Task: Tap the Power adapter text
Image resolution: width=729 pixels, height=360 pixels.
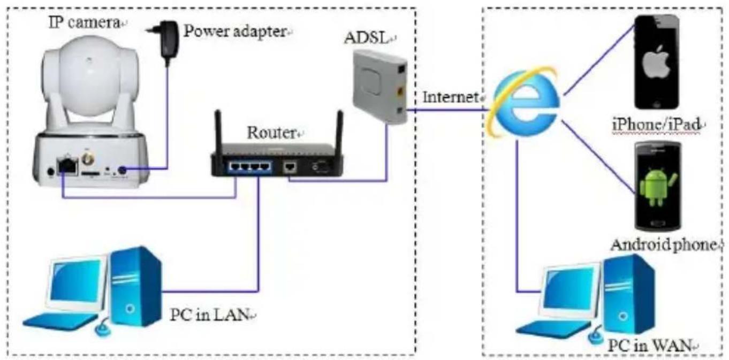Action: pyautogui.click(x=235, y=32)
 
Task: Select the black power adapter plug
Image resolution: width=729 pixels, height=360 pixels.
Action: pyautogui.click(x=165, y=40)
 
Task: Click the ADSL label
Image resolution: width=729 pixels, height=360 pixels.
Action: pyautogui.click(x=367, y=38)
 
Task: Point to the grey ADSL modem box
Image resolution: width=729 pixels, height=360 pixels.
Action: pyautogui.click(x=381, y=87)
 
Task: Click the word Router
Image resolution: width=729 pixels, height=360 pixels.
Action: pyautogui.click(x=271, y=132)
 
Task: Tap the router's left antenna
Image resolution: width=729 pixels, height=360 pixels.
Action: pyautogui.click(x=218, y=132)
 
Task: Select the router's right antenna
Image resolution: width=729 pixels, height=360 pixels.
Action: pyautogui.click(x=339, y=132)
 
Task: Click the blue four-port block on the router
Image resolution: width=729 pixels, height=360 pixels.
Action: pyautogui.click(x=250, y=167)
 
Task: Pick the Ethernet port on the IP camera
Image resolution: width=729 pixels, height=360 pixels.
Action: pyautogui.click(x=67, y=166)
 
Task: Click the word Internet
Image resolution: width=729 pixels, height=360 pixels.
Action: pyautogui.click(x=451, y=97)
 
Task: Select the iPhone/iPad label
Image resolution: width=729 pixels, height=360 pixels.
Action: pyautogui.click(x=656, y=125)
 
